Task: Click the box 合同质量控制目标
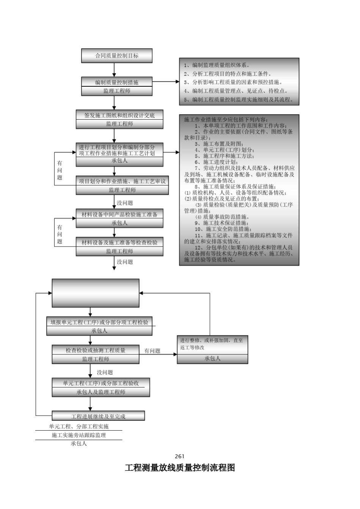point(117,56)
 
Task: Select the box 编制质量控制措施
point(117,82)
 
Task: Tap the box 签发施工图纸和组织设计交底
point(119,116)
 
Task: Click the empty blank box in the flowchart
point(95,293)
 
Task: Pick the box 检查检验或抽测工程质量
point(95,350)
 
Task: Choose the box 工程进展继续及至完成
point(98,416)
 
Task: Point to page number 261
point(180,456)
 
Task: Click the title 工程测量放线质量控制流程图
point(180,468)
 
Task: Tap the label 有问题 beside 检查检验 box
point(152,351)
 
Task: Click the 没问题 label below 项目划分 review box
point(125,203)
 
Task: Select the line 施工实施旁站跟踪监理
point(79,435)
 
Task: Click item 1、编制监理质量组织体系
point(217,65)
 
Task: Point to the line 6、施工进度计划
point(216,162)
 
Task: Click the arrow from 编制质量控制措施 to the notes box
point(166,81)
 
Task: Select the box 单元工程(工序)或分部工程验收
point(101,383)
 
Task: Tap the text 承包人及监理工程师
point(101,392)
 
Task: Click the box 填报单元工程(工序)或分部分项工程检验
point(99,322)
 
